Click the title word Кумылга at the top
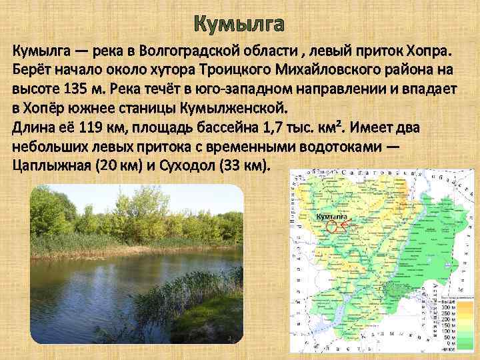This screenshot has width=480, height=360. pyautogui.click(x=239, y=25)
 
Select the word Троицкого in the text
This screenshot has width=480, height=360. pyautogui.click(x=190, y=70)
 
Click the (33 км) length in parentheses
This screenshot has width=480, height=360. pyautogui.click(x=245, y=165)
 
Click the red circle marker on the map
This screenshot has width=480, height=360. pyautogui.click(x=332, y=226)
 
